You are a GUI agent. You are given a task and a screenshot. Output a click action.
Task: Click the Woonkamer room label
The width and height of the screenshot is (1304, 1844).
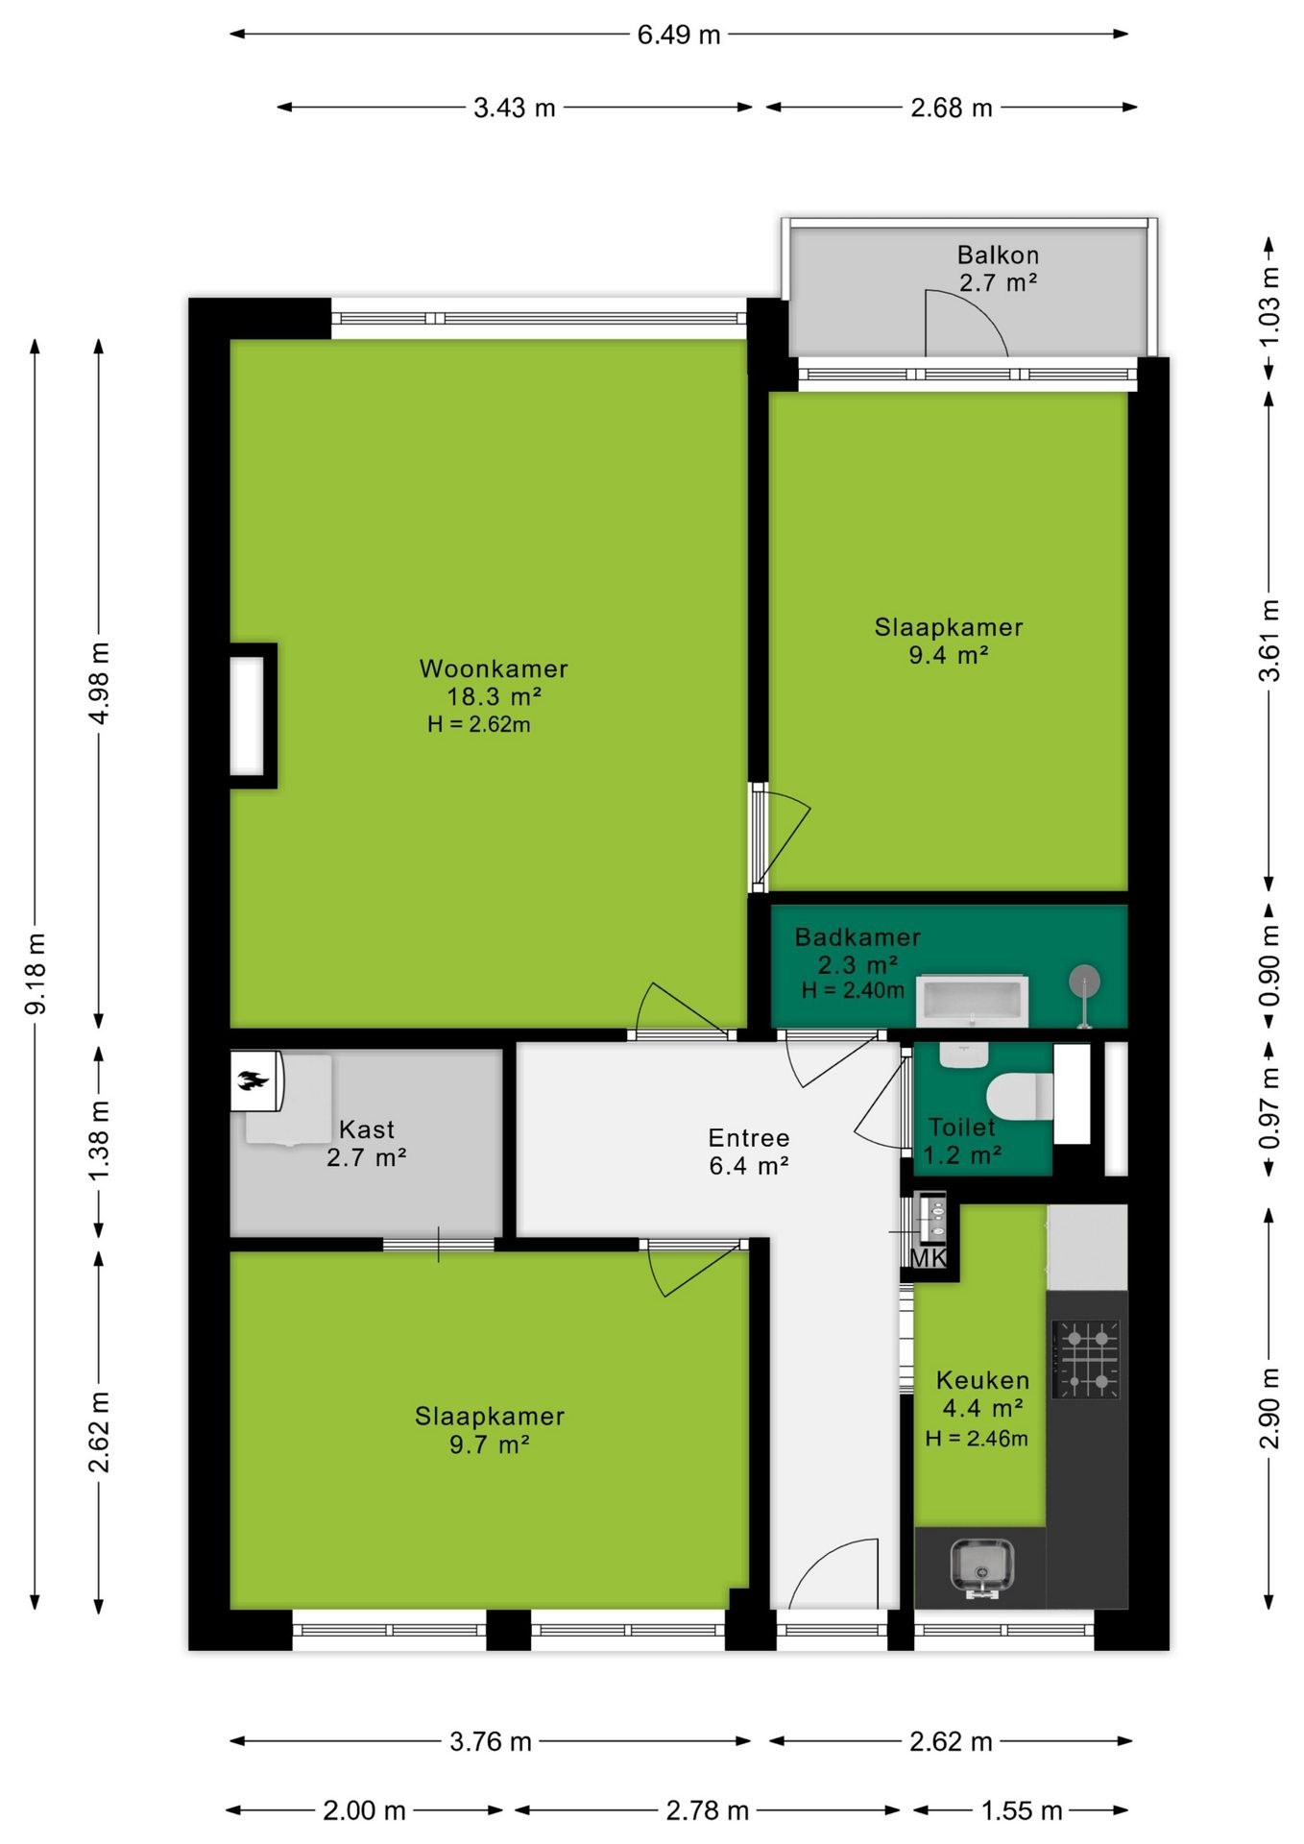click(x=494, y=668)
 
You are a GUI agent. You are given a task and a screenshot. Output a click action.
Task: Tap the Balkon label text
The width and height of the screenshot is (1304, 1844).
click(x=998, y=255)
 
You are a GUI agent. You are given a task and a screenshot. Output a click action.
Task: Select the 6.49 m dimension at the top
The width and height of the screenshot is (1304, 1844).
click(x=679, y=35)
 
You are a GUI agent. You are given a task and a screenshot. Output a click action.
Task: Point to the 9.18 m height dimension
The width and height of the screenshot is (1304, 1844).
click(x=35, y=974)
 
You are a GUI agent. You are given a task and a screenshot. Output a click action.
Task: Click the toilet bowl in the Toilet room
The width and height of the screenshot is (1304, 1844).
click(x=1020, y=1097)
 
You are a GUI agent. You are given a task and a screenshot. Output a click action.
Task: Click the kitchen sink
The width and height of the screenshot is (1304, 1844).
click(x=981, y=1568)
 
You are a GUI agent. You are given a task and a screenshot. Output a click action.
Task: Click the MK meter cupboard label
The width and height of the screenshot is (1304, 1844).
click(x=928, y=1257)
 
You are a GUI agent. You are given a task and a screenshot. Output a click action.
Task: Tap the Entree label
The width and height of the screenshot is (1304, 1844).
click(x=749, y=1138)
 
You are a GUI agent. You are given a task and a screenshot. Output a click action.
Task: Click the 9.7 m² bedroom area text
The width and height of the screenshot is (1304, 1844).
click(x=490, y=1444)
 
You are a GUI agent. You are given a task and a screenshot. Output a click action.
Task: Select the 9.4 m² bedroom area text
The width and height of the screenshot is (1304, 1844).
click(x=949, y=655)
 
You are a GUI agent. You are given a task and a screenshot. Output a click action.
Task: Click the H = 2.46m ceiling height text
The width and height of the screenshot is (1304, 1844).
click(x=977, y=1439)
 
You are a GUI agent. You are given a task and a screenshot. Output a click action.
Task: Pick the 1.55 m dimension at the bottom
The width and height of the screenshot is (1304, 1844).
click(x=1021, y=1810)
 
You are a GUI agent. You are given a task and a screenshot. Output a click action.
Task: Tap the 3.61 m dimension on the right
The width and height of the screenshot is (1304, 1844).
click(x=1269, y=641)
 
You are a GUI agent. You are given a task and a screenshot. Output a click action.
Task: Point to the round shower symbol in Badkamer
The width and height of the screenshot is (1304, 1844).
click(x=1085, y=983)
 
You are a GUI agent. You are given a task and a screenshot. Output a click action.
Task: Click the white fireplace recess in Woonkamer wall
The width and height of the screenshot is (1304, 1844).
click(x=248, y=716)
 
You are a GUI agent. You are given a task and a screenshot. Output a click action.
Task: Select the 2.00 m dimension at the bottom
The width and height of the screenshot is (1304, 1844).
click(x=364, y=1810)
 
